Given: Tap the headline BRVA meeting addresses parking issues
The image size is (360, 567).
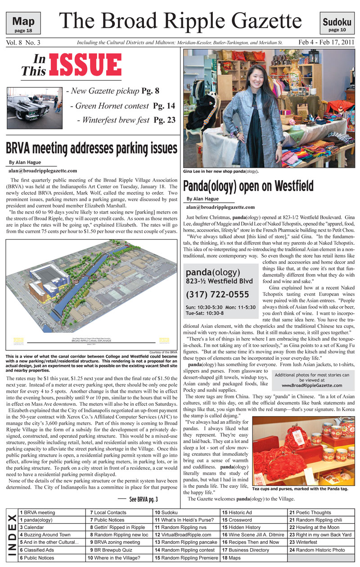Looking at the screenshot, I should pyautogui.click(x=92, y=148).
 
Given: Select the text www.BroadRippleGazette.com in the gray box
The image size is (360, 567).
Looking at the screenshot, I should pyautogui.click(x=312, y=386).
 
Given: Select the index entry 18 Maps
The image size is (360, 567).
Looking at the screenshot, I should pyautogui.click(x=232, y=558).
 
